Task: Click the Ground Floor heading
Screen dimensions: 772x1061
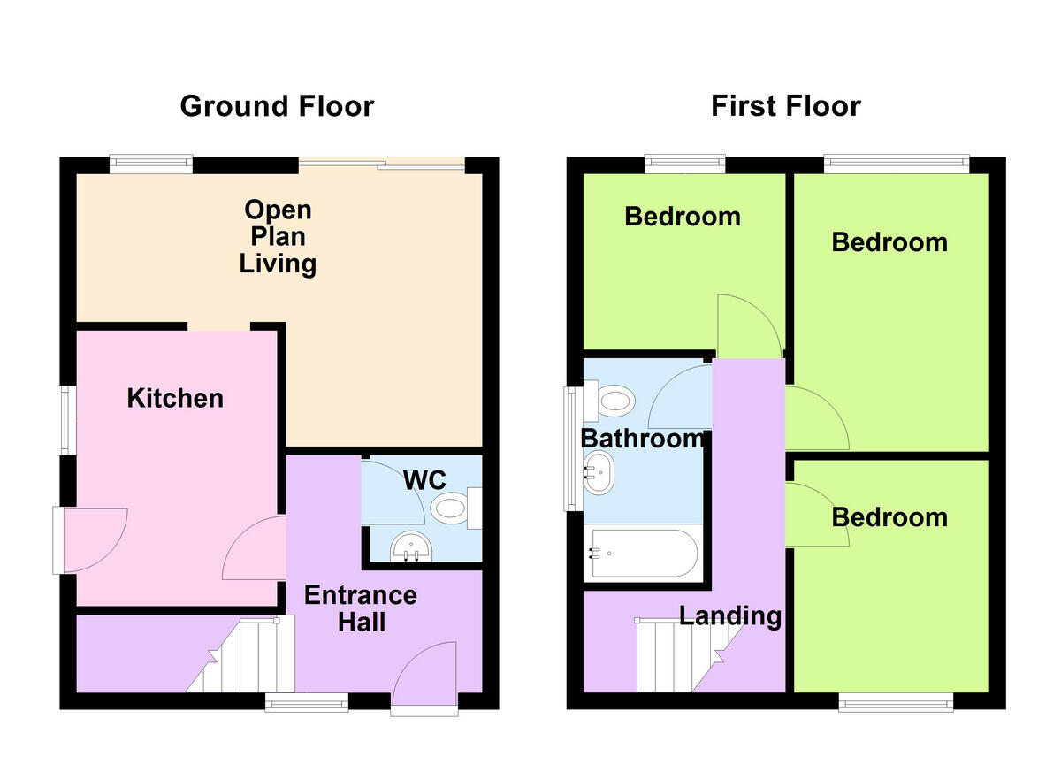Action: [277, 106]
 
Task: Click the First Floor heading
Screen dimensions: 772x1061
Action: [785, 106]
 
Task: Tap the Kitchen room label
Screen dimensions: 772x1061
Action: [175, 398]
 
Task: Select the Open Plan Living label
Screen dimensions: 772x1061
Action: [279, 237]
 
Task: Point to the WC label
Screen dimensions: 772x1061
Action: [424, 480]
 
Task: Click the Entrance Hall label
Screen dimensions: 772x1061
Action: [361, 608]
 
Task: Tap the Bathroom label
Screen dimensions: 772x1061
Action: [643, 438]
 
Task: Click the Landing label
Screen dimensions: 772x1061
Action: [730, 615]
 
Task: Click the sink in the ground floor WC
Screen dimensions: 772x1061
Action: [409, 545]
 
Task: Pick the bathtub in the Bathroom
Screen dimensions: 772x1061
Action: [643, 554]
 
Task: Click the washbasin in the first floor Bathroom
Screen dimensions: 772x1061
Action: [598, 472]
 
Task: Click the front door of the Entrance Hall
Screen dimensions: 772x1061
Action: [425, 681]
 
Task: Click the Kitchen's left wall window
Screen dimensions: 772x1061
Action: [65, 420]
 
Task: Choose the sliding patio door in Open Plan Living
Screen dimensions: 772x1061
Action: [382, 164]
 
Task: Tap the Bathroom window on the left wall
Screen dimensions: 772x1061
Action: [571, 448]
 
